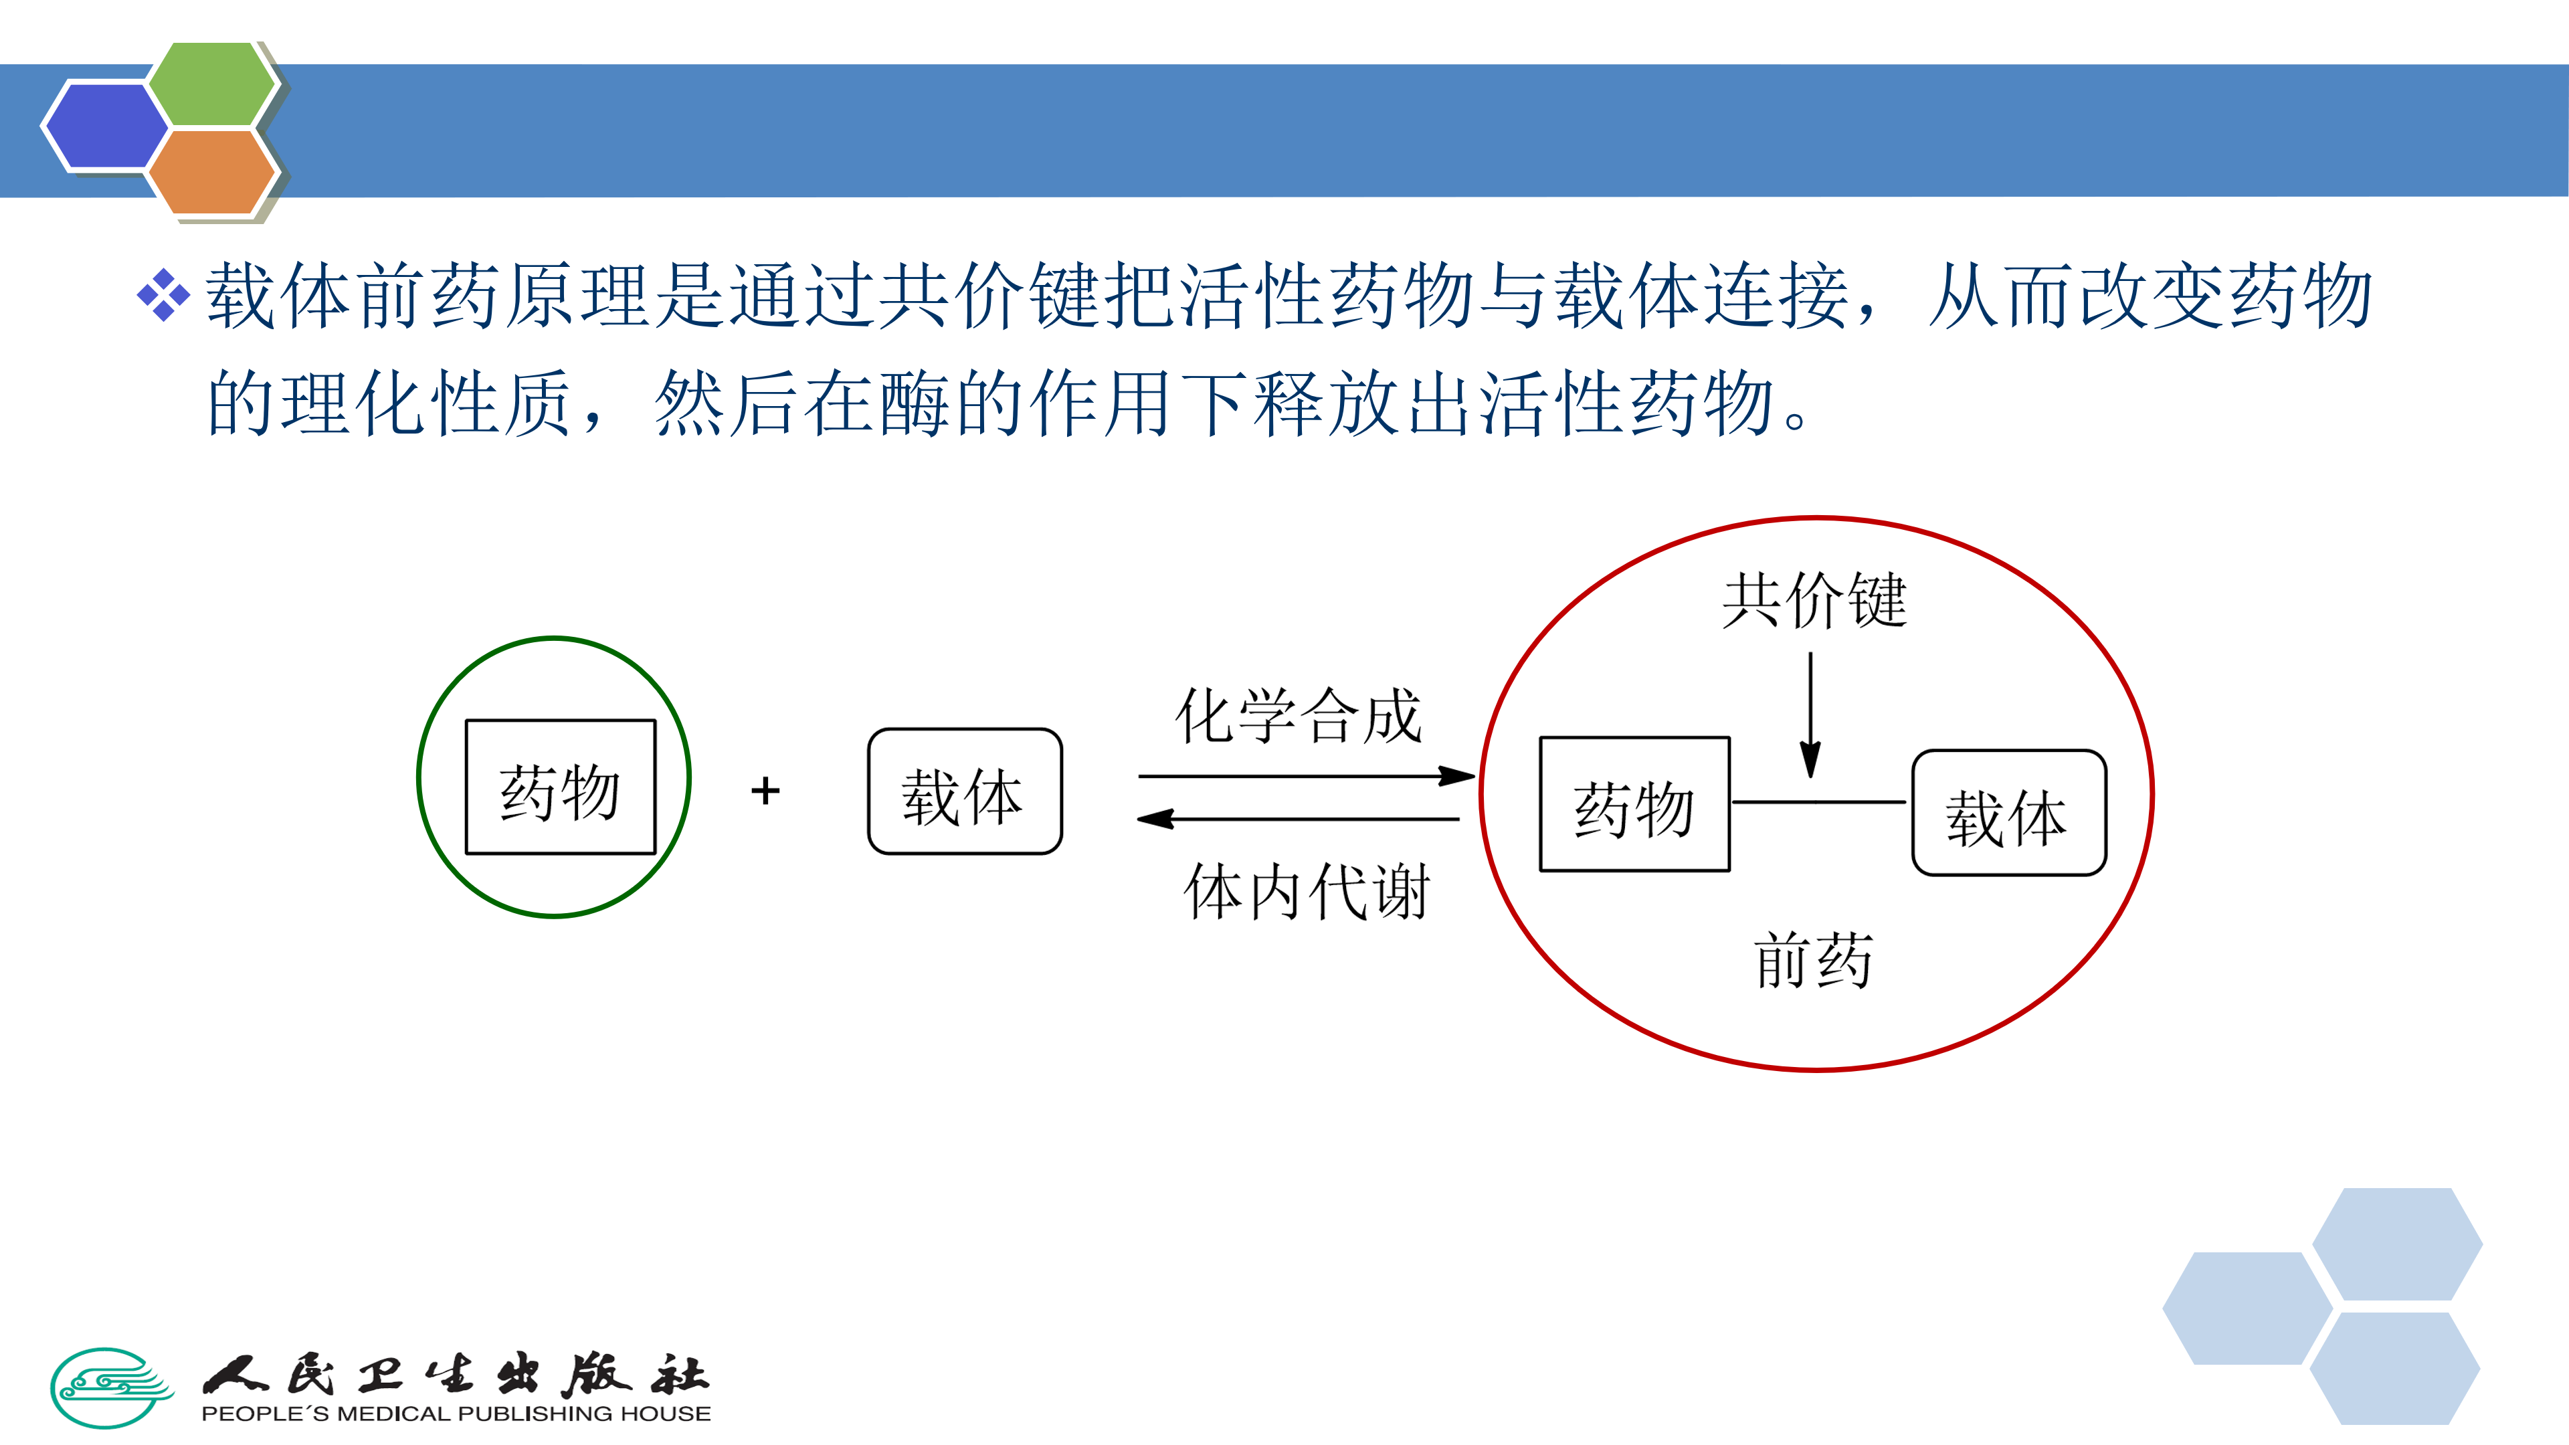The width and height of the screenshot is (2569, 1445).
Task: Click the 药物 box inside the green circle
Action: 561,787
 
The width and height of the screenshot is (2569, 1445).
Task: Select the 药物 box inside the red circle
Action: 1634,803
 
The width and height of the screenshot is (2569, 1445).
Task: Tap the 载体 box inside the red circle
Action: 2008,813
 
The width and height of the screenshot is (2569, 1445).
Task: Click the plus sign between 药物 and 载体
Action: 765,791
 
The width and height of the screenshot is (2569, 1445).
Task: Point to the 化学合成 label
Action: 1297,716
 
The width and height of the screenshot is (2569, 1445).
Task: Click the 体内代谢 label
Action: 1307,890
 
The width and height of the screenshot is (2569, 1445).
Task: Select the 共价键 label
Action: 1814,600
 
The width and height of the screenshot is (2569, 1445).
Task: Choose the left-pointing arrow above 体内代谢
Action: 1297,820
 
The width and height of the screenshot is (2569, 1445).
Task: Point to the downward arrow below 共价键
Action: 1810,714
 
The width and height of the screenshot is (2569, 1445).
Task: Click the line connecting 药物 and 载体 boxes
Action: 1819,802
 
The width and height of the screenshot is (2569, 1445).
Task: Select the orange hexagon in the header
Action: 211,171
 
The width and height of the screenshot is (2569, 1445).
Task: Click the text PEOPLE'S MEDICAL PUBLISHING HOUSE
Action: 456,1414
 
